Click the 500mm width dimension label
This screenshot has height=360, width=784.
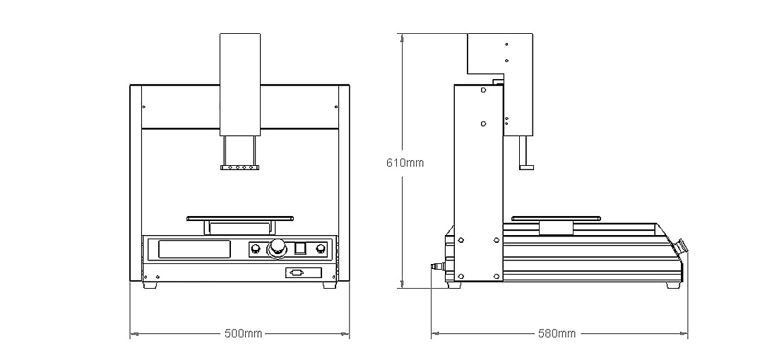click(244, 333)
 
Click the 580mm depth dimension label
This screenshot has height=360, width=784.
click(557, 333)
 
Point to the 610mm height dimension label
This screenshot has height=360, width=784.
click(405, 162)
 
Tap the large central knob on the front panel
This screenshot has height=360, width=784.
click(277, 248)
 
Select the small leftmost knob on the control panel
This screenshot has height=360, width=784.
click(256, 249)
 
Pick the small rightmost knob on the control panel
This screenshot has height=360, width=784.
click(321, 249)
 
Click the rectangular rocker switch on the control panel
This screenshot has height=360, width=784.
click(300, 248)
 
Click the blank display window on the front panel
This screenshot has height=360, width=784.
click(194, 249)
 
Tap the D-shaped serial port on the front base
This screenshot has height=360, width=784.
click(297, 272)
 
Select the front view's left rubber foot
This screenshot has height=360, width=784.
click(150, 285)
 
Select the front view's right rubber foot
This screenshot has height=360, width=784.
click(330, 285)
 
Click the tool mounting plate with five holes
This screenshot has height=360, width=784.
click(240, 167)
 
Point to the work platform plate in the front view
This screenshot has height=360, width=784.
click(240, 219)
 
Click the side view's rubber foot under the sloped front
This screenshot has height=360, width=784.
click(673, 285)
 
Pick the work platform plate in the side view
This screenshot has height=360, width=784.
click(556, 219)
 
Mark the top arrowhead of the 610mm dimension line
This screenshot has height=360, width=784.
click(400, 37)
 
